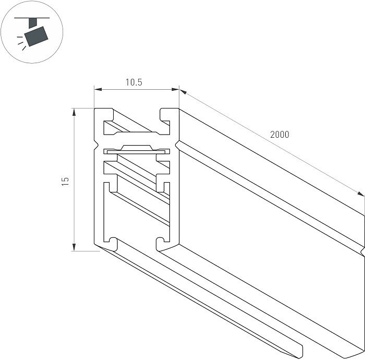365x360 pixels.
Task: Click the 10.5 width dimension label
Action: point(134,82)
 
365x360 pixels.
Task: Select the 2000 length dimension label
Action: point(279,135)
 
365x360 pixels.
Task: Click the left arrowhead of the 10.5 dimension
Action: point(98,89)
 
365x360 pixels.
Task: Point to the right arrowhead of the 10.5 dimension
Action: point(175,89)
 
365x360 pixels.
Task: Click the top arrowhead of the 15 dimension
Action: point(74,112)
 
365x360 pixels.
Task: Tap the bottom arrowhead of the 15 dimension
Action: point(74,247)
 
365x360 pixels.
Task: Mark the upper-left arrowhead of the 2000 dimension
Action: point(183,92)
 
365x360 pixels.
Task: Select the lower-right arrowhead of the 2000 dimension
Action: point(361,194)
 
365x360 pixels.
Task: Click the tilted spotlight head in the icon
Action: point(36,37)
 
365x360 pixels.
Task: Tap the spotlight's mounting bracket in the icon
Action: point(33,23)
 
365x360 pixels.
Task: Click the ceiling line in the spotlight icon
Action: point(32,18)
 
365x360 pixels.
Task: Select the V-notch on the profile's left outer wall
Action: point(96,145)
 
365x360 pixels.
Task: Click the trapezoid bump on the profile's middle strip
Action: point(137,148)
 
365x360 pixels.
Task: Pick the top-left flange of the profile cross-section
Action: point(104,114)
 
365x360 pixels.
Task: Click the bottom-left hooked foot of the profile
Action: point(111,244)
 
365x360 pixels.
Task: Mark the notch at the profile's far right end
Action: point(362,251)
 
